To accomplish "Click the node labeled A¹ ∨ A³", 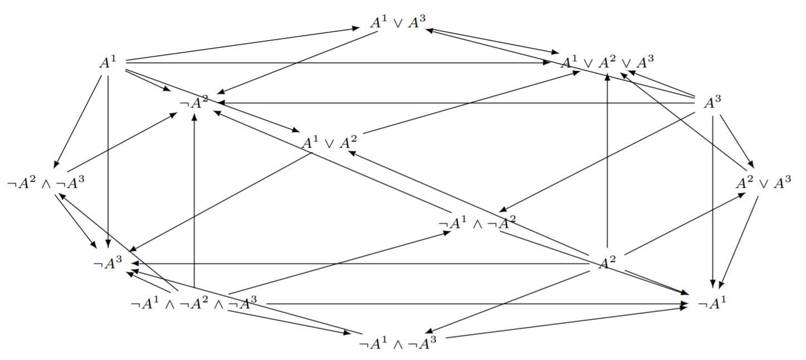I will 398,23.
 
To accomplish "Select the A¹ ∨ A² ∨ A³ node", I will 607,61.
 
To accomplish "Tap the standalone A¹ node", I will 108,62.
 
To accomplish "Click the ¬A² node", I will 194,103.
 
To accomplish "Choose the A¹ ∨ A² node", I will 329,143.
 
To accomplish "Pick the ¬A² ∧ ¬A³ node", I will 46,183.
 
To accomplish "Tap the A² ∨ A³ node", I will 763,183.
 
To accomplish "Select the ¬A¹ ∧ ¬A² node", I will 477,223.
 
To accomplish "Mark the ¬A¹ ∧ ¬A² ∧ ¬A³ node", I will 193,304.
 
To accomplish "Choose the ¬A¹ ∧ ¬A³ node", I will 397,344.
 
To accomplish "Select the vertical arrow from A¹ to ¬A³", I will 108,162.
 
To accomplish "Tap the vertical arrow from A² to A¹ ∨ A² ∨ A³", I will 607,162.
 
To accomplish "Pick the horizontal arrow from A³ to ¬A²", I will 457,103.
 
